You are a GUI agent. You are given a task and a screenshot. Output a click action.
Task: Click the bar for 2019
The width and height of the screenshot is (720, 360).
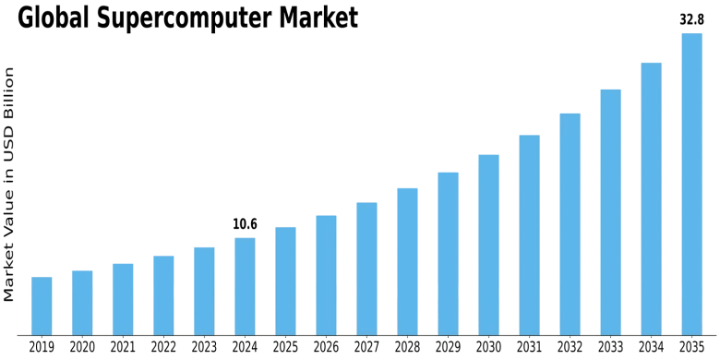42,306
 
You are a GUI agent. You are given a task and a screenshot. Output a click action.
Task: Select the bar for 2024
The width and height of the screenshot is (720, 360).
245,286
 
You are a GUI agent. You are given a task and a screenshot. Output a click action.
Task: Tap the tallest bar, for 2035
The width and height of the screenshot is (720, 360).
691,185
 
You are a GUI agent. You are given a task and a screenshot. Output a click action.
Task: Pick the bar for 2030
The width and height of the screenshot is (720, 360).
488,245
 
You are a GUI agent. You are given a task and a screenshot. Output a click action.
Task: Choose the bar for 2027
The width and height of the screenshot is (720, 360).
366,269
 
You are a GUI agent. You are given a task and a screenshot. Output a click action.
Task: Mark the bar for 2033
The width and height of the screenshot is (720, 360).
610,212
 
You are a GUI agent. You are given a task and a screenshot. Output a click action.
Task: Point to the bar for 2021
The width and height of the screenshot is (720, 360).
123,299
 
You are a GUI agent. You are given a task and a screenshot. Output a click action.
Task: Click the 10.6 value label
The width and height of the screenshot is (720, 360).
245,224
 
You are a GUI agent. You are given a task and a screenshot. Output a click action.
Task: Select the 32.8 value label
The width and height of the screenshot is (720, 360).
691,18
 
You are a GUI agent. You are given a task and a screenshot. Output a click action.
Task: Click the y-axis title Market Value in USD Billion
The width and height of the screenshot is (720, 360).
10,185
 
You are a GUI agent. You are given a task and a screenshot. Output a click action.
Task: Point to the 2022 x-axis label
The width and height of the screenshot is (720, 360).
163,347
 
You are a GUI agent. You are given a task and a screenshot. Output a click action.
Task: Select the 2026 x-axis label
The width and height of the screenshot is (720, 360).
326,347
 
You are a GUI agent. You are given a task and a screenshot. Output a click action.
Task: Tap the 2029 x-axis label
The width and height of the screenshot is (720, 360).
448,347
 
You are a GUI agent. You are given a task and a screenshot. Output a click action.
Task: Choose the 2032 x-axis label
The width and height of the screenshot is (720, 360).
570,347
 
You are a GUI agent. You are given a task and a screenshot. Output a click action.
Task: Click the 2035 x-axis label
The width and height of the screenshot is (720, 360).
691,347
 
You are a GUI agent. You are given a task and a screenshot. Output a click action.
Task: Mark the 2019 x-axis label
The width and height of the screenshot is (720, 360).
42,347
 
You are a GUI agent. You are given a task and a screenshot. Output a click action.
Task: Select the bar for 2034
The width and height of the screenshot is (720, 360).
651,198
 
